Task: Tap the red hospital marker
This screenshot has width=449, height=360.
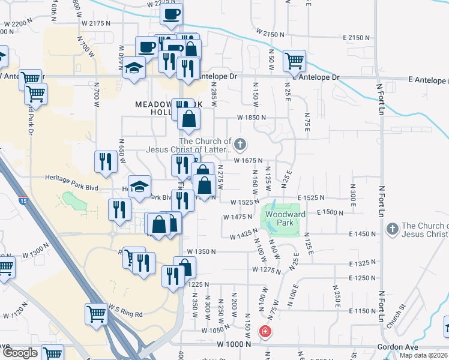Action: click(x=264, y=331)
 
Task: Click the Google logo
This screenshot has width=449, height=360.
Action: click(x=19, y=353)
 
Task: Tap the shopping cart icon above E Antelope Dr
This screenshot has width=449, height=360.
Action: click(x=295, y=60)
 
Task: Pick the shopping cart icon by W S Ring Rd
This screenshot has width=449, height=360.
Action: click(x=96, y=313)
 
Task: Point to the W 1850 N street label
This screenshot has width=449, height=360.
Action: click(x=251, y=118)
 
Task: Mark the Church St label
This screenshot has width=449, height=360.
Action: click(x=397, y=316)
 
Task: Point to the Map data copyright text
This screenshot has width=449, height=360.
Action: click(x=423, y=355)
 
